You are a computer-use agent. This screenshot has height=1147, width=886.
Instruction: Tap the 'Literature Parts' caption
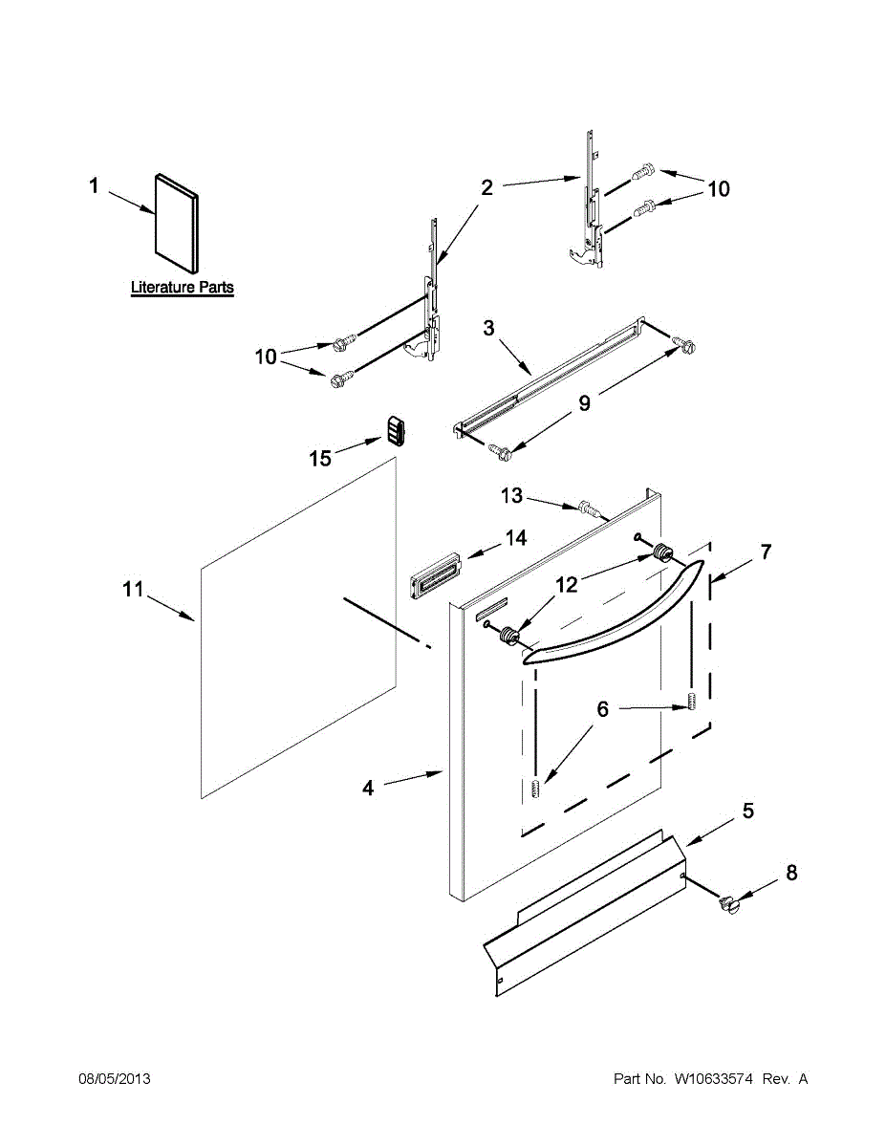click(x=182, y=287)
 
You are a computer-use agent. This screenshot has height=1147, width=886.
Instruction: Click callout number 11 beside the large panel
click(x=132, y=590)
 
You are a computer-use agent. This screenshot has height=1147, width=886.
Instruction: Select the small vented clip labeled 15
click(x=397, y=429)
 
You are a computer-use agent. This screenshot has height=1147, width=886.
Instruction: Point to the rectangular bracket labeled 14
click(x=435, y=579)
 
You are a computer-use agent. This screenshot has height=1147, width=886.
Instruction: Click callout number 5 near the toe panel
click(x=748, y=812)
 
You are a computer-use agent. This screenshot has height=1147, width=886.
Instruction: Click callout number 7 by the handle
click(x=766, y=552)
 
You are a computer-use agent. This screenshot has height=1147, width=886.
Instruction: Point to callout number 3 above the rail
click(x=488, y=330)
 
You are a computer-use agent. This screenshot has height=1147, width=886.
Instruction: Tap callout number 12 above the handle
click(x=567, y=584)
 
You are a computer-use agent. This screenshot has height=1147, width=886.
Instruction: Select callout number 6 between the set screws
click(x=602, y=709)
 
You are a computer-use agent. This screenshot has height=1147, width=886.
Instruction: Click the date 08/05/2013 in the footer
click(x=114, y=1079)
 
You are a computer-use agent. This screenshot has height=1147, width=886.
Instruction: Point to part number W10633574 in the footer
click(x=714, y=1079)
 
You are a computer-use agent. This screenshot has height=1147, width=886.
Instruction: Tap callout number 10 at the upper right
click(x=718, y=189)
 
